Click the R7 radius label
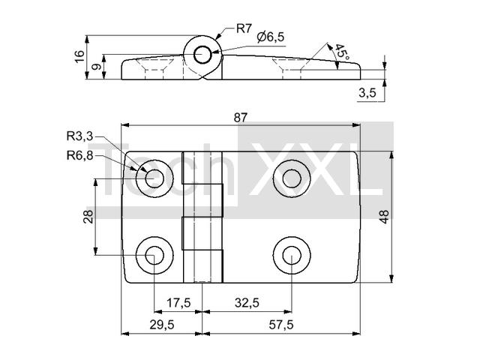(x=244, y=29)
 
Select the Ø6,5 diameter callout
(x=271, y=37)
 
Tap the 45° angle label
(x=342, y=52)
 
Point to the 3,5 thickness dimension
(x=367, y=92)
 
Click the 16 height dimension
(x=79, y=56)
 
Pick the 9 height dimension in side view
(x=97, y=67)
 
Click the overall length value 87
(x=240, y=118)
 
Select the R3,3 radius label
(x=79, y=136)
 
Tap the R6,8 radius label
(x=79, y=156)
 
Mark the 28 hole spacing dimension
(x=88, y=217)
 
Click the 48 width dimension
(x=384, y=217)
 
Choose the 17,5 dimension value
(x=178, y=303)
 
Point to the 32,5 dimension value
(x=247, y=303)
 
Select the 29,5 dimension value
(x=162, y=325)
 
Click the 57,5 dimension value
(x=281, y=325)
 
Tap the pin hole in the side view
(x=202, y=55)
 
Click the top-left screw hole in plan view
(x=154, y=178)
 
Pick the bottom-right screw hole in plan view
(x=292, y=255)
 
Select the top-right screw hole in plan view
(x=292, y=178)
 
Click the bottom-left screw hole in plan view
(x=154, y=255)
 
